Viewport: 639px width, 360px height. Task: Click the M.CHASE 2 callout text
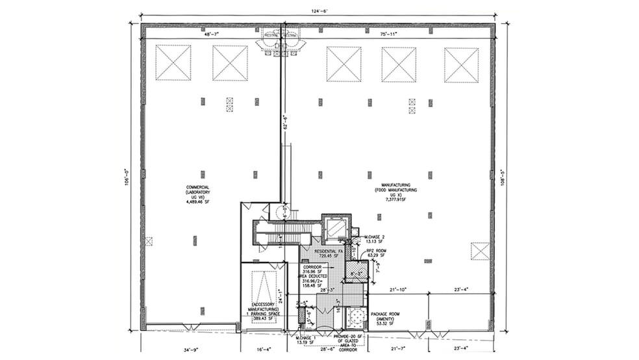point(376,236)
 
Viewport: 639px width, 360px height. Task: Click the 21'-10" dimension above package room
point(397,289)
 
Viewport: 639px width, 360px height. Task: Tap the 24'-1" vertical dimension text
point(281,296)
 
